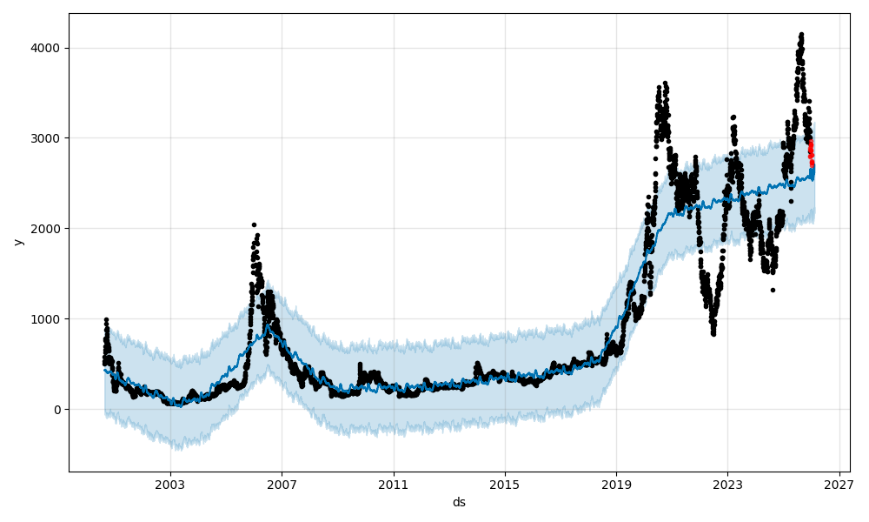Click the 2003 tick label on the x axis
click(170, 485)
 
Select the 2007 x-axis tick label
click(282, 485)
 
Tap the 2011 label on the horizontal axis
click(394, 485)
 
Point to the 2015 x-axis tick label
click(505, 485)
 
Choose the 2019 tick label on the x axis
click(616, 485)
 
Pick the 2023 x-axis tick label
click(727, 485)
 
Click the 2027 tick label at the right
click(839, 485)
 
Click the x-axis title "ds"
click(459, 503)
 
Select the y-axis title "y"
click(17, 242)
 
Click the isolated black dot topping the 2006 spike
click(254, 224)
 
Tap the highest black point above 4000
click(801, 35)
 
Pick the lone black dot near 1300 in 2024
click(773, 290)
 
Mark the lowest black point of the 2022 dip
click(713, 333)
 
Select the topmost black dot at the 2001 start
click(106, 320)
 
